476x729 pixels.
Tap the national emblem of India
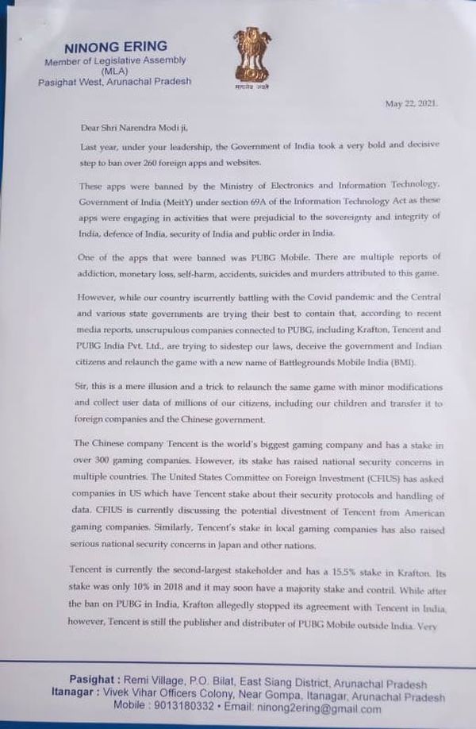pyautogui.click(x=252, y=58)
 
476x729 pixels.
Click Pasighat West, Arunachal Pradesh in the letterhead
pyautogui.click(x=114, y=82)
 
